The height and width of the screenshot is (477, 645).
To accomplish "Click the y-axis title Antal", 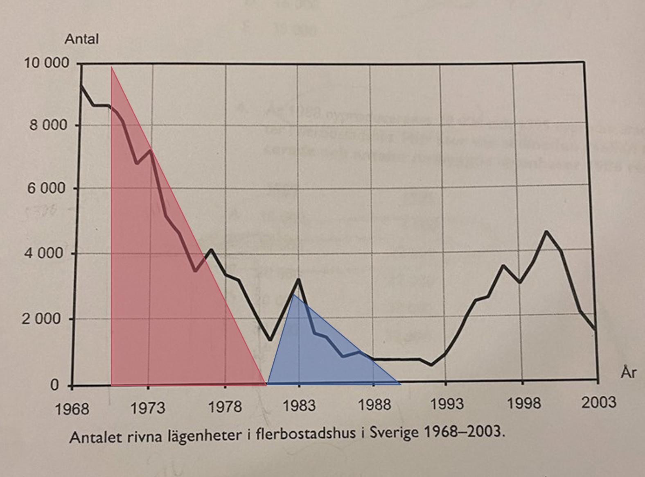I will (81, 39).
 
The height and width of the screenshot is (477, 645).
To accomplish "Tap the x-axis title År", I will (629, 373).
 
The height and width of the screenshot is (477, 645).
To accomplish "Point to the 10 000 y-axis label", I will (46, 64).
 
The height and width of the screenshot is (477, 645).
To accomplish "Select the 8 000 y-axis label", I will (48, 125).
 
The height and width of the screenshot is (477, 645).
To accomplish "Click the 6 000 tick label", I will (46, 189).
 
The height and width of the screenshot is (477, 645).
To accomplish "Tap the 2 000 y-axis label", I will (41, 319).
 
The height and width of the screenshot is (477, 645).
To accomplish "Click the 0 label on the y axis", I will (54, 385).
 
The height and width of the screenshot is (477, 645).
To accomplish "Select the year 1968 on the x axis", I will (72, 409).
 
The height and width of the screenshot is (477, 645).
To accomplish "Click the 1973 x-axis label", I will (148, 408).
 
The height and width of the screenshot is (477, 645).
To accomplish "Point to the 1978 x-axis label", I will (225, 407).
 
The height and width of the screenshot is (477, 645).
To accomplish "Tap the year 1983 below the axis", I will (299, 406).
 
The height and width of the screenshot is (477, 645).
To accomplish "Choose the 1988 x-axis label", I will (374, 405).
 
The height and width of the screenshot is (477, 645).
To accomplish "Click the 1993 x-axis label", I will (447, 404).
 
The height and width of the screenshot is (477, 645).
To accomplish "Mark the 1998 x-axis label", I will (523, 404).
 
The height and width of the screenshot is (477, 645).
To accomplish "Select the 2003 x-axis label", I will (599, 402).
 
